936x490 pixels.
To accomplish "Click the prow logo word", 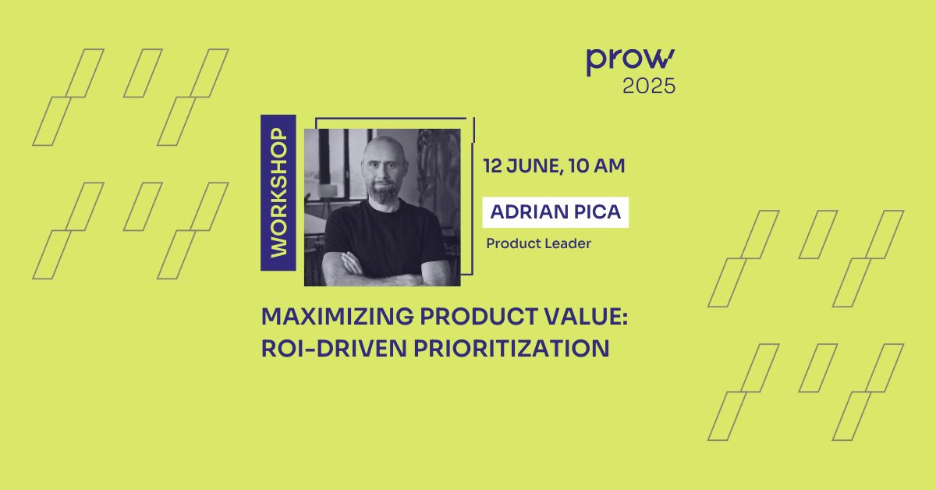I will pyautogui.click(x=630, y=62).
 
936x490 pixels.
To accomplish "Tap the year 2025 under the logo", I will pyautogui.click(x=649, y=87).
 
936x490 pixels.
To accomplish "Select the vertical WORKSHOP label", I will pyautogui.click(x=278, y=193).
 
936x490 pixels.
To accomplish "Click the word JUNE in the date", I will pyautogui.click(x=532, y=166).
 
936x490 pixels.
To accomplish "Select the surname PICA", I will pyautogui.click(x=600, y=212).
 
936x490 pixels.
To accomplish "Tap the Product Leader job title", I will pyautogui.click(x=538, y=243).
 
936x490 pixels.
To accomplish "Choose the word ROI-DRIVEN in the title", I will pyautogui.click(x=328, y=348).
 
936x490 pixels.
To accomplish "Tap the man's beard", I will pyautogui.click(x=384, y=193).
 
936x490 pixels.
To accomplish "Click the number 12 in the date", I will pyautogui.click(x=492, y=166).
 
